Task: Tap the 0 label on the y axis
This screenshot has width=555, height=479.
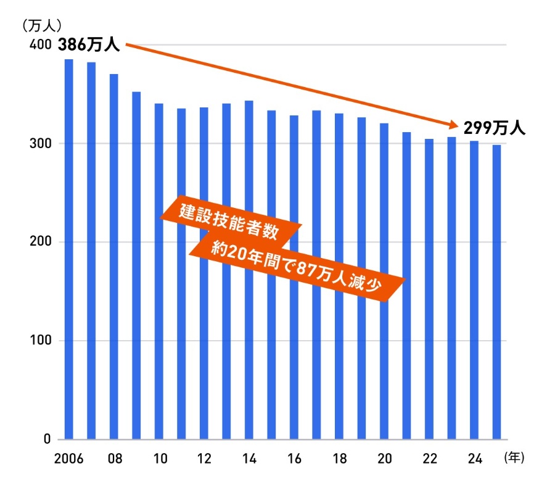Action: tap(46, 439)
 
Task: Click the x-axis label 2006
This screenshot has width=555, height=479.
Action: tap(68, 459)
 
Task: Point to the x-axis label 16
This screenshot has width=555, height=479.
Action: tap(294, 459)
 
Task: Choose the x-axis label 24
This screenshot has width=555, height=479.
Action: tap(474, 459)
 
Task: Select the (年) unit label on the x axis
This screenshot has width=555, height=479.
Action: tap(513, 458)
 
